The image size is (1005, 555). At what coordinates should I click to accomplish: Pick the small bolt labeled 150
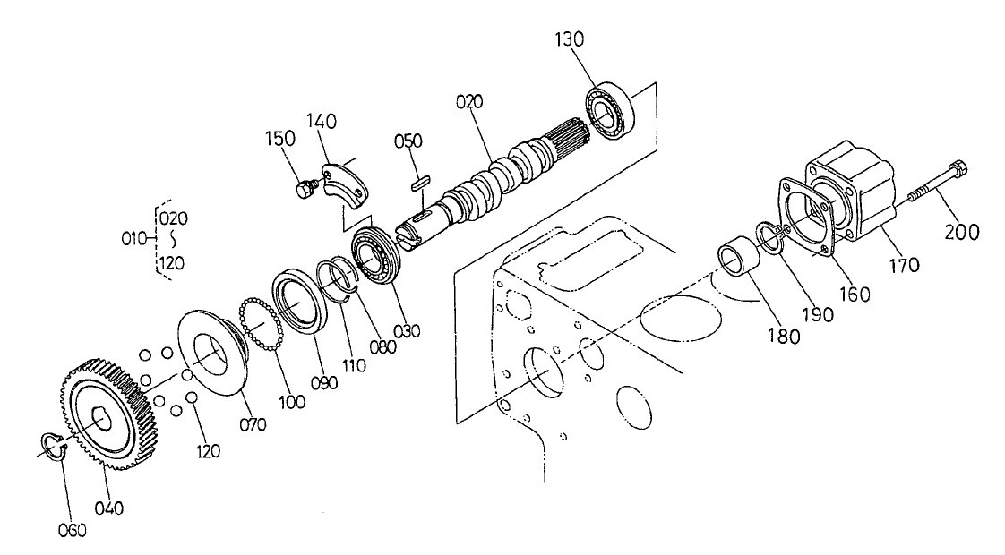[x=304, y=188]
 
